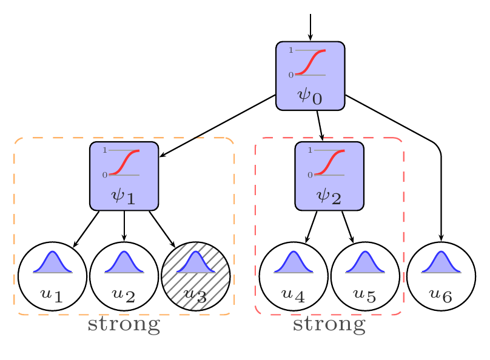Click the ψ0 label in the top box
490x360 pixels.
coord(310,96)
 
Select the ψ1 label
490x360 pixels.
coord(124,196)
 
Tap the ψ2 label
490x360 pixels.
coord(329,196)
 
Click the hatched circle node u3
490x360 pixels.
coord(196,276)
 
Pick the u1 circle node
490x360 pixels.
coord(52,276)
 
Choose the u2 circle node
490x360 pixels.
coord(124,276)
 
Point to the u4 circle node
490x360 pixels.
coord(294,276)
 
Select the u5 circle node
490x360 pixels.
coord(365,276)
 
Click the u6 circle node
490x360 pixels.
coord(441,276)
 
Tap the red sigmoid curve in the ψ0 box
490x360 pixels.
coord(310,62)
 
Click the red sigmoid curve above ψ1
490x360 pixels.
coord(124,162)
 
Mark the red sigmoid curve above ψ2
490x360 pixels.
coord(329,162)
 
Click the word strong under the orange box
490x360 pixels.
coord(124,325)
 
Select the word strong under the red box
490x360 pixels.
coord(329,325)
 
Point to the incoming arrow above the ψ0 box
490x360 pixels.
coord(310,27)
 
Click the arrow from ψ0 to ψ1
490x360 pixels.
coord(218,125)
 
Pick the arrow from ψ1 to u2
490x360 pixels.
coord(124,226)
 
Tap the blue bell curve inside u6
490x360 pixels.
coord(441,262)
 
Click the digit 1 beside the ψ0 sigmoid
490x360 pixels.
coord(291,50)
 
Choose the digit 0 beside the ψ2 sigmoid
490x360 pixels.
coord(310,175)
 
